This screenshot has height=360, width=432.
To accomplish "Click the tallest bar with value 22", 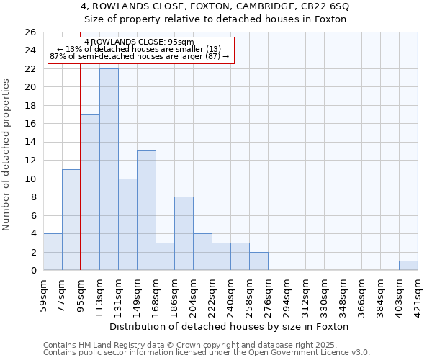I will pyautogui.click(x=109, y=169).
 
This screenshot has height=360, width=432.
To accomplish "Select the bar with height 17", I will pyautogui.click(x=90, y=192).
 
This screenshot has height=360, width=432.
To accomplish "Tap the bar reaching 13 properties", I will pyautogui.click(x=146, y=210).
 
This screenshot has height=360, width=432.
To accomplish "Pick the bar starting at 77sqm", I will pyautogui.click(x=71, y=220).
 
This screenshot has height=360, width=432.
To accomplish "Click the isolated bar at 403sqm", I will pyautogui.click(x=408, y=266).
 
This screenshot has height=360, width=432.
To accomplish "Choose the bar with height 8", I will pyautogui.click(x=184, y=233).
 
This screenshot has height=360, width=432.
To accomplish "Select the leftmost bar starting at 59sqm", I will pyautogui.click(x=53, y=252).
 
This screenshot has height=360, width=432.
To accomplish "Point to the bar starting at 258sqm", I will pyautogui.click(x=258, y=261).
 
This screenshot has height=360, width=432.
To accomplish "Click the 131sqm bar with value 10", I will pyautogui.click(x=127, y=225).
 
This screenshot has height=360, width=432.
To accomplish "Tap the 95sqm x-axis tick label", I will pyautogui.click(x=81, y=293).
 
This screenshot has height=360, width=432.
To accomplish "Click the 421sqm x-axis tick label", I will pyautogui.click(x=418, y=293).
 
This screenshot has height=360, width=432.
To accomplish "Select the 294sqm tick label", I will pyautogui.click(x=287, y=293).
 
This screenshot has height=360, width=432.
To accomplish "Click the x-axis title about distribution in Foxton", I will pyautogui.click(x=230, y=326).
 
